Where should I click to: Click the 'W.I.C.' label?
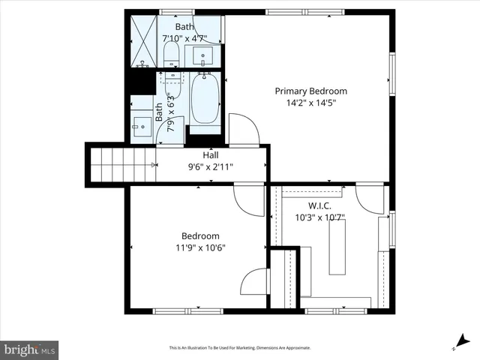click(319, 205)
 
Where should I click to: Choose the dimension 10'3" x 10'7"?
click(319, 217)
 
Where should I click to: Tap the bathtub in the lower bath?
click(205, 100)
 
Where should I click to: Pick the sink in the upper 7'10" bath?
click(203, 55)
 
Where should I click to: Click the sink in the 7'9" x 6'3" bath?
click(141, 126)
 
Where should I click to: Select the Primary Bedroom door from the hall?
click(243, 130)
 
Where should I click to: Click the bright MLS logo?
click(30, 349)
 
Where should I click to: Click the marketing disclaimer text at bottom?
click(239, 348)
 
